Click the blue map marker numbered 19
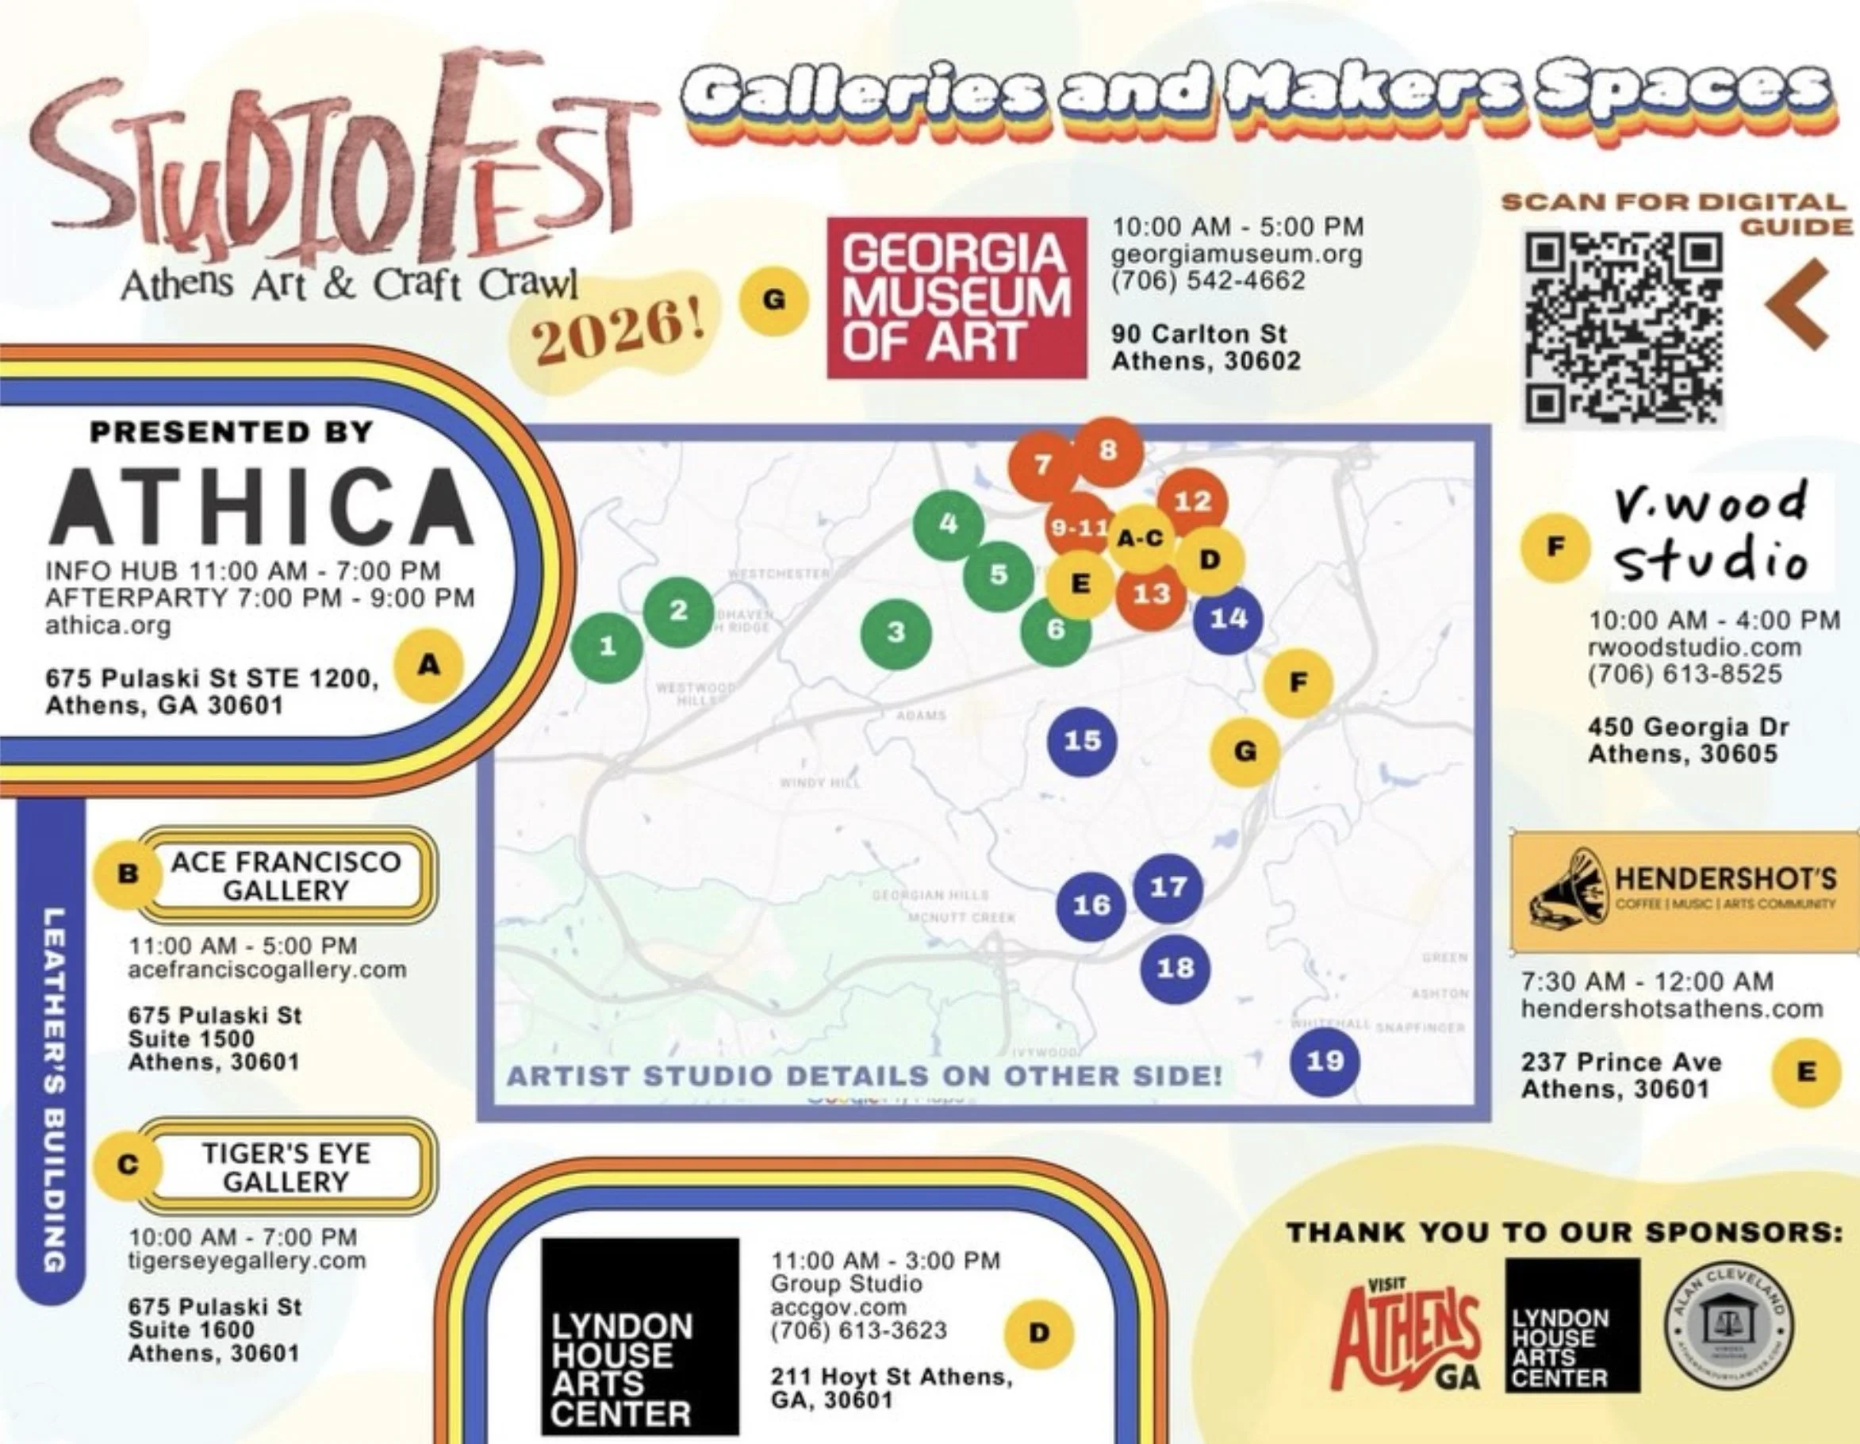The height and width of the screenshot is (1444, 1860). (x=1325, y=1061)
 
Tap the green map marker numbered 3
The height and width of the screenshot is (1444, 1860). (x=896, y=633)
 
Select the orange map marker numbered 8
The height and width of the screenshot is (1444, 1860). (x=1107, y=451)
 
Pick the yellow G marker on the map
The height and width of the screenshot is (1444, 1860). (x=1245, y=751)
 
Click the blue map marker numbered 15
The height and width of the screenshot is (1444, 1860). (x=1083, y=740)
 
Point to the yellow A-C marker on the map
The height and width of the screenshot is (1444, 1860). (x=1140, y=539)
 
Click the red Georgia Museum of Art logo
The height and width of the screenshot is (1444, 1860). (x=957, y=298)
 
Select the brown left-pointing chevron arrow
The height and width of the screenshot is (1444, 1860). (x=1799, y=304)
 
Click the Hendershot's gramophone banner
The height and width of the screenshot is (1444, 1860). (x=1684, y=891)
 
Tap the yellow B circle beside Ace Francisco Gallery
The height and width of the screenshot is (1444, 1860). (x=128, y=874)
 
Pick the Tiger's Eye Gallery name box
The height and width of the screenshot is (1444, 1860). (x=286, y=1168)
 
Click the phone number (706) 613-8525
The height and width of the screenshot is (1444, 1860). (x=1685, y=674)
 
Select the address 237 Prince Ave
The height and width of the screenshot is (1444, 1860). (x=1620, y=1062)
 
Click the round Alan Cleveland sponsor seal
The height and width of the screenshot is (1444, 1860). (x=1729, y=1327)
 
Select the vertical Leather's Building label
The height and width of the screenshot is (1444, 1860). (x=53, y=1090)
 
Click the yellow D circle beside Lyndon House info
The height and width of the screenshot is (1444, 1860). (x=1039, y=1333)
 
